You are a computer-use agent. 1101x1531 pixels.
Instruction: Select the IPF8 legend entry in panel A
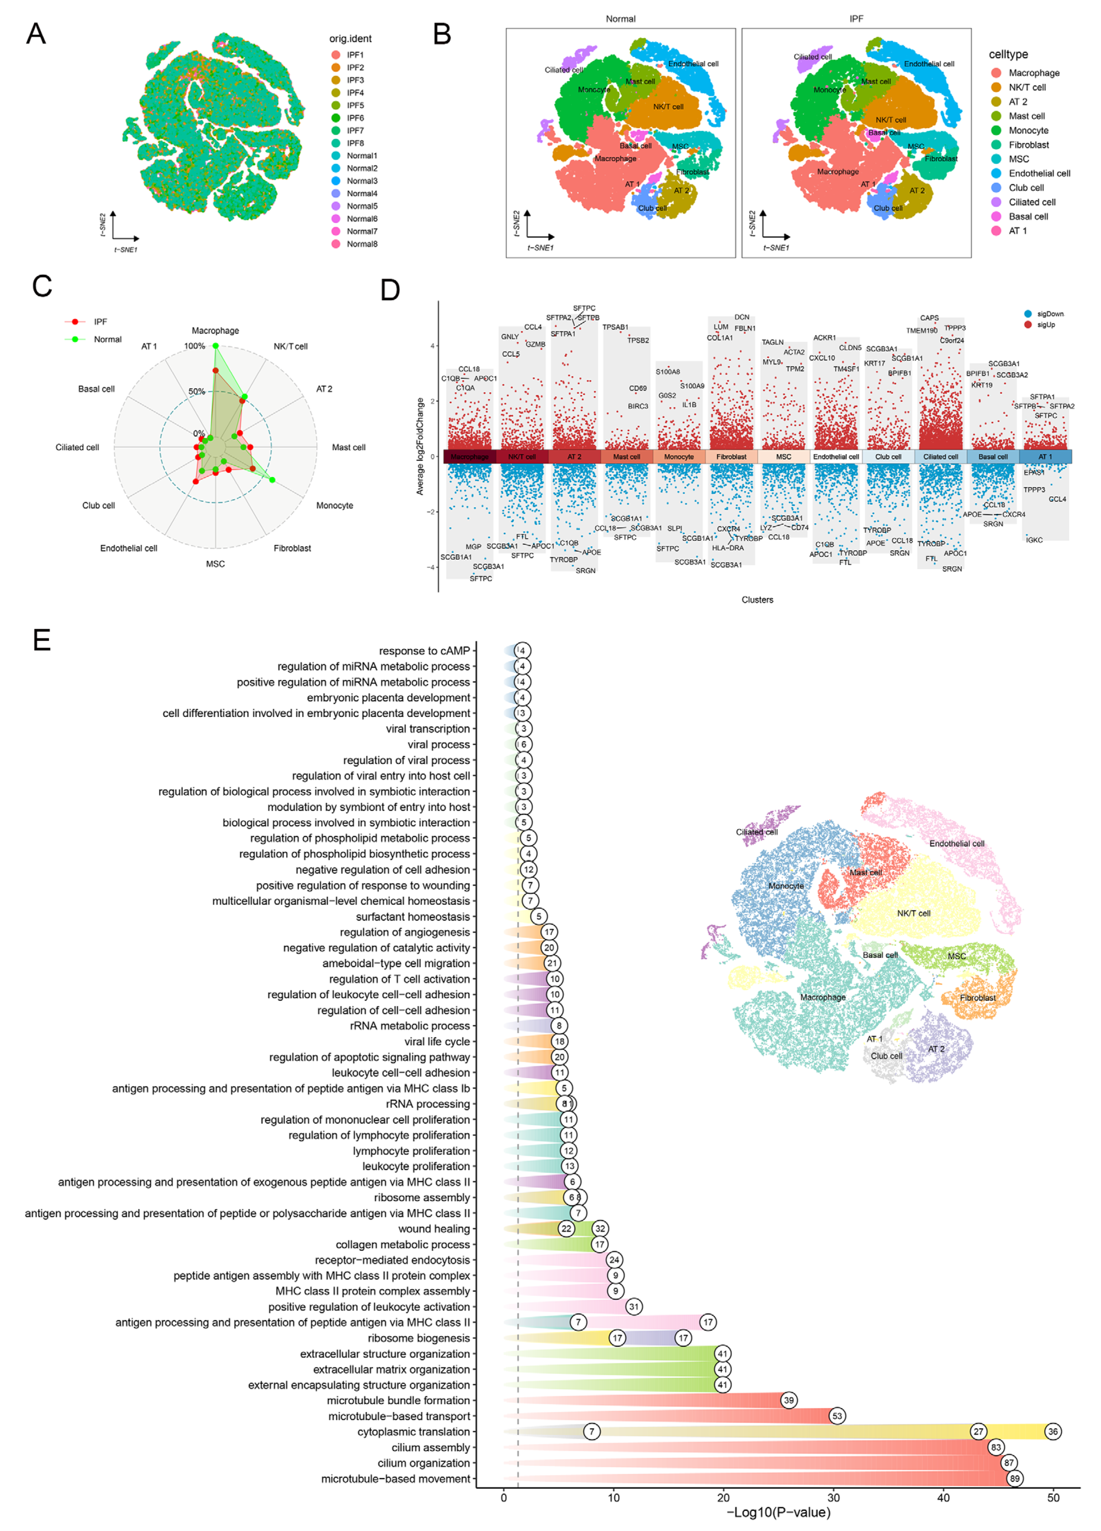click(x=355, y=143)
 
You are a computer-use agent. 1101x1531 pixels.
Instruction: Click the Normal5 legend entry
click(x=362, y=206)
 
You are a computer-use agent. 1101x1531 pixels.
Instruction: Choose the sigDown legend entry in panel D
click(x=1050, y=314)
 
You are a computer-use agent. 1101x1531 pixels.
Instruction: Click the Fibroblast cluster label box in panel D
click(x=731, y=457)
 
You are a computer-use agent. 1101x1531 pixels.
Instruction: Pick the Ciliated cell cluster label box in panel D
click(x=940, y=457)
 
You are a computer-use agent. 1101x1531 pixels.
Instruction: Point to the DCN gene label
click(x=742, y=317)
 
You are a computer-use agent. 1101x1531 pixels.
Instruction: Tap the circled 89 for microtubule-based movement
click(x=1014, y=1478)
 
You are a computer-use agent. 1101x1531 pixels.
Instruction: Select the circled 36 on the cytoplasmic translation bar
click(x=1052, y=1431)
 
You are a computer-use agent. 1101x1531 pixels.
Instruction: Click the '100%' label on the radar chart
click(x=194, y=346)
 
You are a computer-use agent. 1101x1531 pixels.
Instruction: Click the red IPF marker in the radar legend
click(x=75, y=322)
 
